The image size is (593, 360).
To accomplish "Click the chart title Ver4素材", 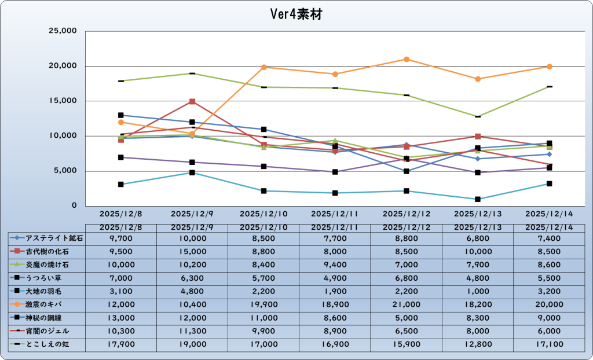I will click(x=296, y=14).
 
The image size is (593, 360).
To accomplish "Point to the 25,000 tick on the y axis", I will click(x=64, y=31).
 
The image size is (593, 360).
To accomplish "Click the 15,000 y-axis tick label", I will click(x=64, y=101).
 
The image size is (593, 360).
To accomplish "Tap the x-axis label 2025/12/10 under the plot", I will click(x=263, y=214).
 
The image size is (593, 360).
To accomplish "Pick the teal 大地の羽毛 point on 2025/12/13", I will click(x=478, y=199).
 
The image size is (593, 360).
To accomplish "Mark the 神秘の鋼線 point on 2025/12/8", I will click(x=120, y=115).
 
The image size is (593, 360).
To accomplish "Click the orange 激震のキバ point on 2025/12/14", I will click(x=549, y=67).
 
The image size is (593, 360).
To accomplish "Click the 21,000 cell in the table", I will click(x=407, y=304).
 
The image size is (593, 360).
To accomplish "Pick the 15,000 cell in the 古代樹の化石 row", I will click(x=192, y=251).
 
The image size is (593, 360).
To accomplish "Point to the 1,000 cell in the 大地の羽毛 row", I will click(x=478, y=291).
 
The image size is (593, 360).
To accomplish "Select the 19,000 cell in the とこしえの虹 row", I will click(x=192, y=344).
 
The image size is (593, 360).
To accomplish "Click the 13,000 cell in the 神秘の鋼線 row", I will click(x=120, y=317).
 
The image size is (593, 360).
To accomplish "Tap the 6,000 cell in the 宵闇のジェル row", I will click(x=549, y=330).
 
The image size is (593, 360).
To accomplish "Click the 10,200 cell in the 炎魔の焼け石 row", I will click(x=192, y=265).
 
